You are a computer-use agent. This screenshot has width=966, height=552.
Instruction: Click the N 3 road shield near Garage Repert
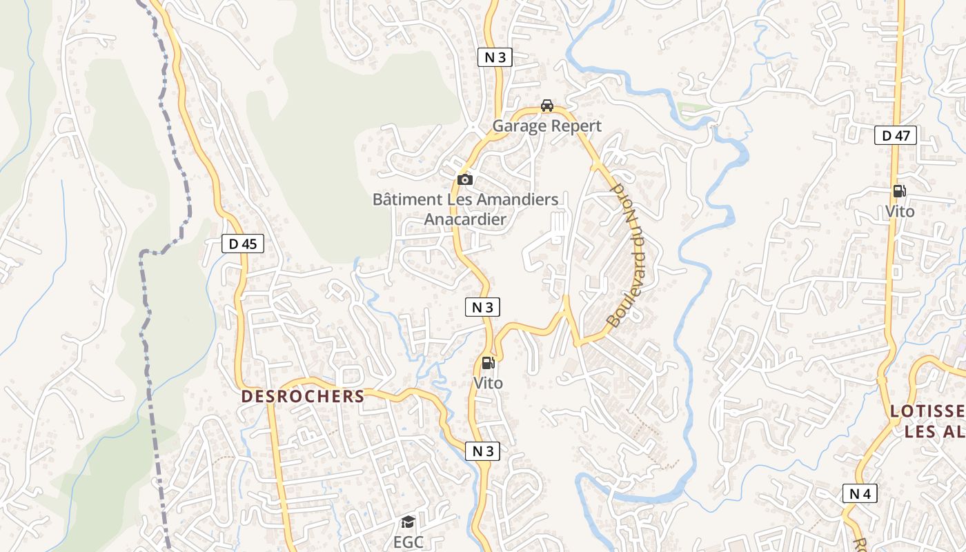(x=495, y=57)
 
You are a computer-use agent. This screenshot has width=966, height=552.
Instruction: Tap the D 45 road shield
(x=243, y=244)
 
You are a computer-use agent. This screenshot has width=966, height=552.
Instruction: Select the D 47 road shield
(x=896, y=136)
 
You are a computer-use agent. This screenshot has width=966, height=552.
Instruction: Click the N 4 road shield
(x=859, y=493)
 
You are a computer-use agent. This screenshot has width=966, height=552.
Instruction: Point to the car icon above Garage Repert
(x=547, y=106)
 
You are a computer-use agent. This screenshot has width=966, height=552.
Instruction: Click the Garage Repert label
(x=546, y=126)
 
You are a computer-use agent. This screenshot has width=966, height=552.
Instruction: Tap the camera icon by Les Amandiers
(x=465, y=180)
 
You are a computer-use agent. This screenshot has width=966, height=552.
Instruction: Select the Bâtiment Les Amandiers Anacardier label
(x=465, y=209)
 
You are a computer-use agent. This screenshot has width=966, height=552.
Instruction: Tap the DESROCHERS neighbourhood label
(x=303, y=397)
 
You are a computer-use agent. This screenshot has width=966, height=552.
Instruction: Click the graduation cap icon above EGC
(x=408, y=522)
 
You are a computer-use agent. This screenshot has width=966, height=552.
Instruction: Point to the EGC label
(x=408, y=542)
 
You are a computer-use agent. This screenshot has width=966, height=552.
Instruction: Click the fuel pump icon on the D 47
(x=899, y=191)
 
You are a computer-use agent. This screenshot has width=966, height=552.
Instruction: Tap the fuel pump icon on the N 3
(x=488, y=362)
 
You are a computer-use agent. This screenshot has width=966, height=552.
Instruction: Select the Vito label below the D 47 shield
(x=900, y=212)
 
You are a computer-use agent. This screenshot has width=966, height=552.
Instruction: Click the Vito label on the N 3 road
(x=488, y=383)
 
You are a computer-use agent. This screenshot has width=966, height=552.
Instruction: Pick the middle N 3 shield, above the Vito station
(x=482, y=307)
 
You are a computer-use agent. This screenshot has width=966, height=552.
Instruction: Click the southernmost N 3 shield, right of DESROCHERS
(x=482, y=451)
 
